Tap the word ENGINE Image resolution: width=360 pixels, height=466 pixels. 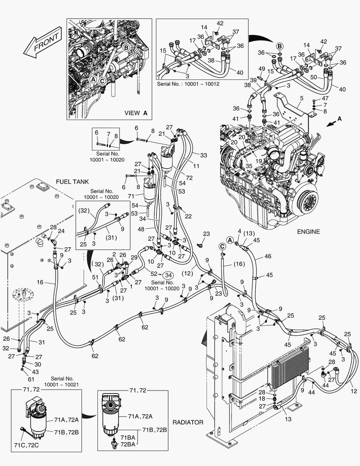point(308,232)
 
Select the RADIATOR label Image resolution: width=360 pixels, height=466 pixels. point(188,422)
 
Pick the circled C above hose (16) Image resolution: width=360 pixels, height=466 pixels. point(222,246)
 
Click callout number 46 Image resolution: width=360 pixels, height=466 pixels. point(268,256)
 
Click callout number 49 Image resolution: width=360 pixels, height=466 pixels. point(261,69)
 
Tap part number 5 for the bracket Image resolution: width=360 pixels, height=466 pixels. point(302,99)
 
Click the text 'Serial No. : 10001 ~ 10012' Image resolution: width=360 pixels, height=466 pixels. point(188,84)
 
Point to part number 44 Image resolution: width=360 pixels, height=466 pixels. point(312,392)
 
